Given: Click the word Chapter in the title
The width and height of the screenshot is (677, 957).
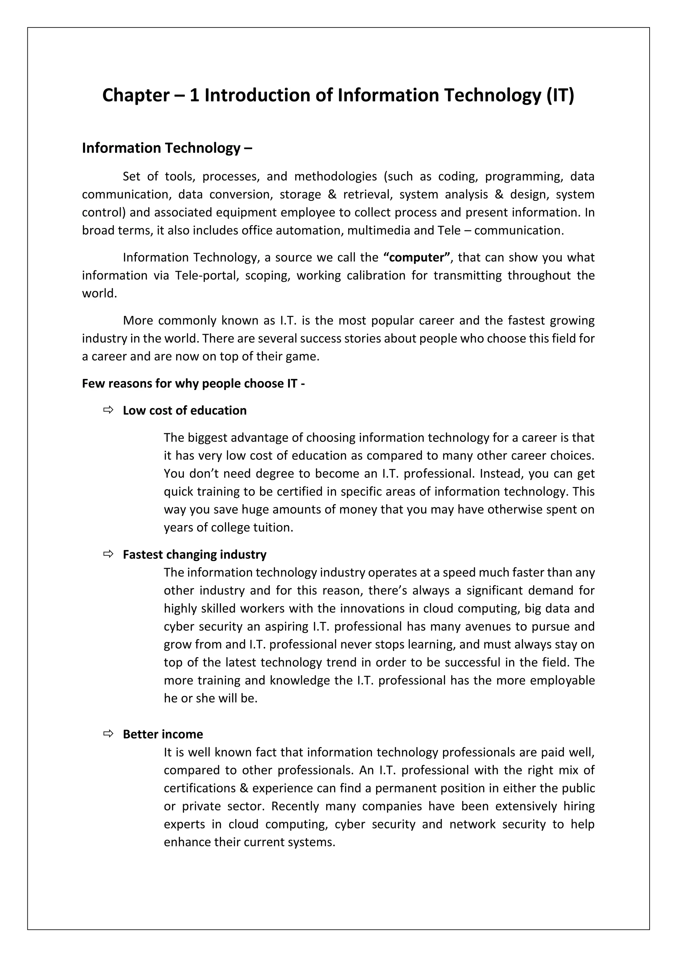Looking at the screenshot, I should [136, 96].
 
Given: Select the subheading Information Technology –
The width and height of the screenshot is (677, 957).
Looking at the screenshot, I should [167, 148].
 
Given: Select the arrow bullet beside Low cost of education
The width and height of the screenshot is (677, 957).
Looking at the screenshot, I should [108, 410].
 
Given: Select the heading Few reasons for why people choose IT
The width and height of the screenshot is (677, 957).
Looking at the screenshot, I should [193, 383].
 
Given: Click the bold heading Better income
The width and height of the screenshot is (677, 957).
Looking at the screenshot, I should [163, 734].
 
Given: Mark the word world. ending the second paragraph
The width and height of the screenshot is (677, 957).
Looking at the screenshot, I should [99, 293].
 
